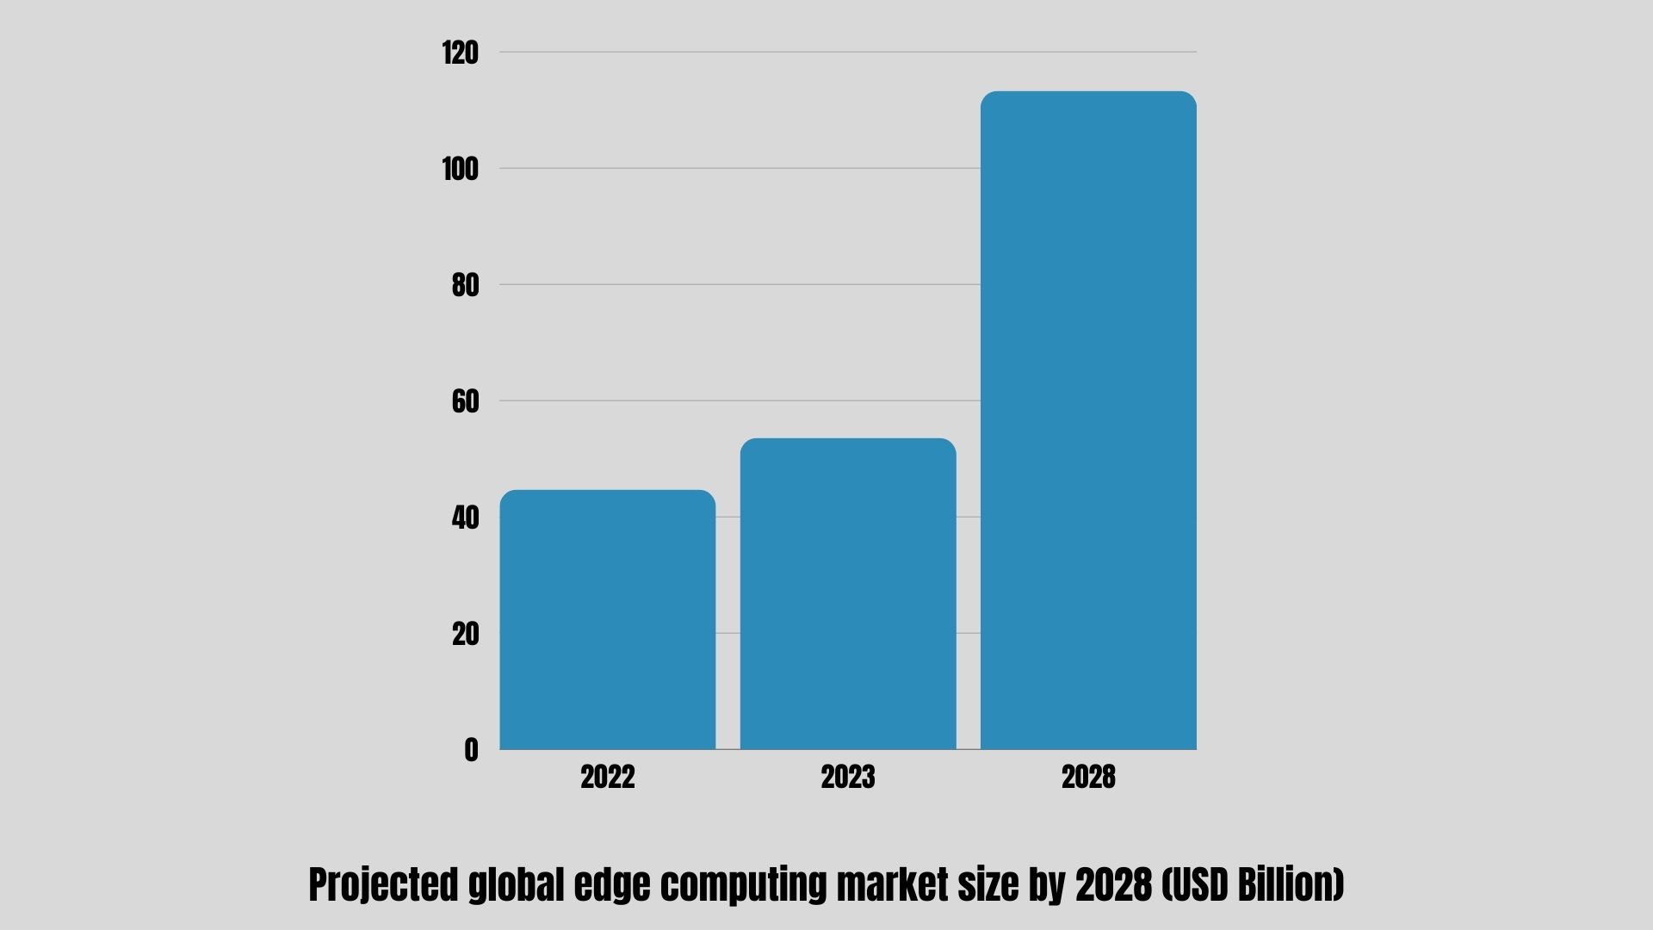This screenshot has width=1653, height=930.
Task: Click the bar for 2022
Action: [607, 620]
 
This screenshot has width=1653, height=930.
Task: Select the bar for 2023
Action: [848, 594]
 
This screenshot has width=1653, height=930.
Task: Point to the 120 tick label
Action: [460, 53]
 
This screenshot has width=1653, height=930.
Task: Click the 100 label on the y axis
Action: [460, 170]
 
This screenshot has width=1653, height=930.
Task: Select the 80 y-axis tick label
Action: [465, 286]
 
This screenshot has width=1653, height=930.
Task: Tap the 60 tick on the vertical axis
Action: [465, 402]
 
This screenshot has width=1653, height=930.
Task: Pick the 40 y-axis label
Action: [465, 518]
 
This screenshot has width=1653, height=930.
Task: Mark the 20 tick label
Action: [465, 635]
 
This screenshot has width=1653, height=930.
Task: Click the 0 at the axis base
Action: [471, 751]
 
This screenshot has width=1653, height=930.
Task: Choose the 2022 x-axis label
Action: [607, 778]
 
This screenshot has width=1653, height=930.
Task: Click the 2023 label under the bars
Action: [848, 778]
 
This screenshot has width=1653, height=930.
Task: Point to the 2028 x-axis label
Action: [1088, 778]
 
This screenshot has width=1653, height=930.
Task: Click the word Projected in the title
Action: [383, 885]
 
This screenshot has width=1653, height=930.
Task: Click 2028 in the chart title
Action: [1114, 885]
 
